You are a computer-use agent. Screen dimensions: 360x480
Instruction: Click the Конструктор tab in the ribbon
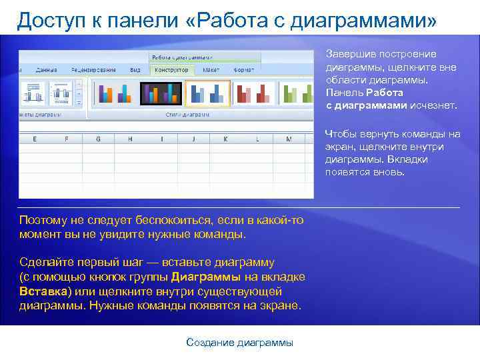[x=172, y=69]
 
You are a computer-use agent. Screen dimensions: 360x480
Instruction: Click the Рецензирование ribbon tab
[x=94, y=69]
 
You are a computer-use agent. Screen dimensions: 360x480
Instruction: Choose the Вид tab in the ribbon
[x=135, y=69]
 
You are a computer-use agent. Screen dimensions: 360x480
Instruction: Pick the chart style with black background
[x=160, y=93]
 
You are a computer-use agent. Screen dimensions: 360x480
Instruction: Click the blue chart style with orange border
[x=207, y=93]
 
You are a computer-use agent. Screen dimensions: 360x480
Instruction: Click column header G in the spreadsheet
[x=98, y=139]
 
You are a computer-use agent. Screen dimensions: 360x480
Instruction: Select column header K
[x=225, y=139]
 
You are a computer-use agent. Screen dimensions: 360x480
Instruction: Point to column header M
[x=288, y=139]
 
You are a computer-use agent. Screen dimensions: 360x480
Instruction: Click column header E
[x=35, y=139]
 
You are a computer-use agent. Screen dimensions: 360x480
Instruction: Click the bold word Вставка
[x=44, y=291]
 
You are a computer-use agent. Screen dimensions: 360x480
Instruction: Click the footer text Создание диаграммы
[x=239, y=343]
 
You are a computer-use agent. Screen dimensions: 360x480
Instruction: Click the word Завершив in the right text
[x=349, y=54]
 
